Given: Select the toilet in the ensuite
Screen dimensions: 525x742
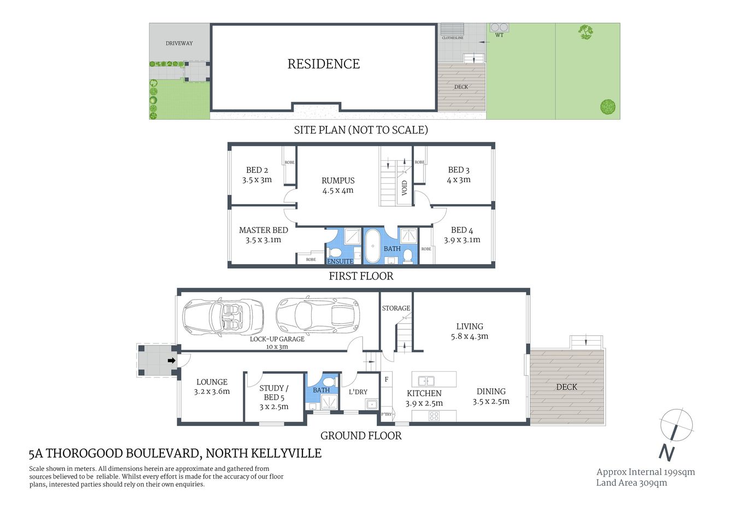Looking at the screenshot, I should coord(336,253).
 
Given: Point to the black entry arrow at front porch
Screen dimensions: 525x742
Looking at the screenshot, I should coord(171,361).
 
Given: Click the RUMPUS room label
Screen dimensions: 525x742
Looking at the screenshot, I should coord(338,180).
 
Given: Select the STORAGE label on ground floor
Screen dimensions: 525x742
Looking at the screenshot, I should coord(396,308).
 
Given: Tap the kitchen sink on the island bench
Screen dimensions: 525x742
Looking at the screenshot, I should coord(426,381).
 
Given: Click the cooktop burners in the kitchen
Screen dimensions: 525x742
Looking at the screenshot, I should coord(434,416).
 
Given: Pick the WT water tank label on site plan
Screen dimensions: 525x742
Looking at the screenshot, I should coord(499,36).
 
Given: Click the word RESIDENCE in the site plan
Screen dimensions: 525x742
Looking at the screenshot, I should coord(324,64).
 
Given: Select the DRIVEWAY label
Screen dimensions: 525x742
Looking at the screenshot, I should coord(179,43).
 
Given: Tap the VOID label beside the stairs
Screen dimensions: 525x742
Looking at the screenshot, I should coord(405,188).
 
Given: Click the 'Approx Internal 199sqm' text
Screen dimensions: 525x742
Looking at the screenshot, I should coord(645,472).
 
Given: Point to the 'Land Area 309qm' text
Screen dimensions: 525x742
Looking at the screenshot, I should coord(632,483).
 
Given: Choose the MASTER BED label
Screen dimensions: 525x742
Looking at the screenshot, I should coord(263,230).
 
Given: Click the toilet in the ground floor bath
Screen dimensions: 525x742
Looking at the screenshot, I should coord(329,382).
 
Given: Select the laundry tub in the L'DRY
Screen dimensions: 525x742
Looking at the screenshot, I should coord(372,404).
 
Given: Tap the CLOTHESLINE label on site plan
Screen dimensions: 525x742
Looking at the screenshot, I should coord(453,38).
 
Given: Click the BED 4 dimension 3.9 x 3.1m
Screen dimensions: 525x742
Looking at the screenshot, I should coord(462,240).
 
